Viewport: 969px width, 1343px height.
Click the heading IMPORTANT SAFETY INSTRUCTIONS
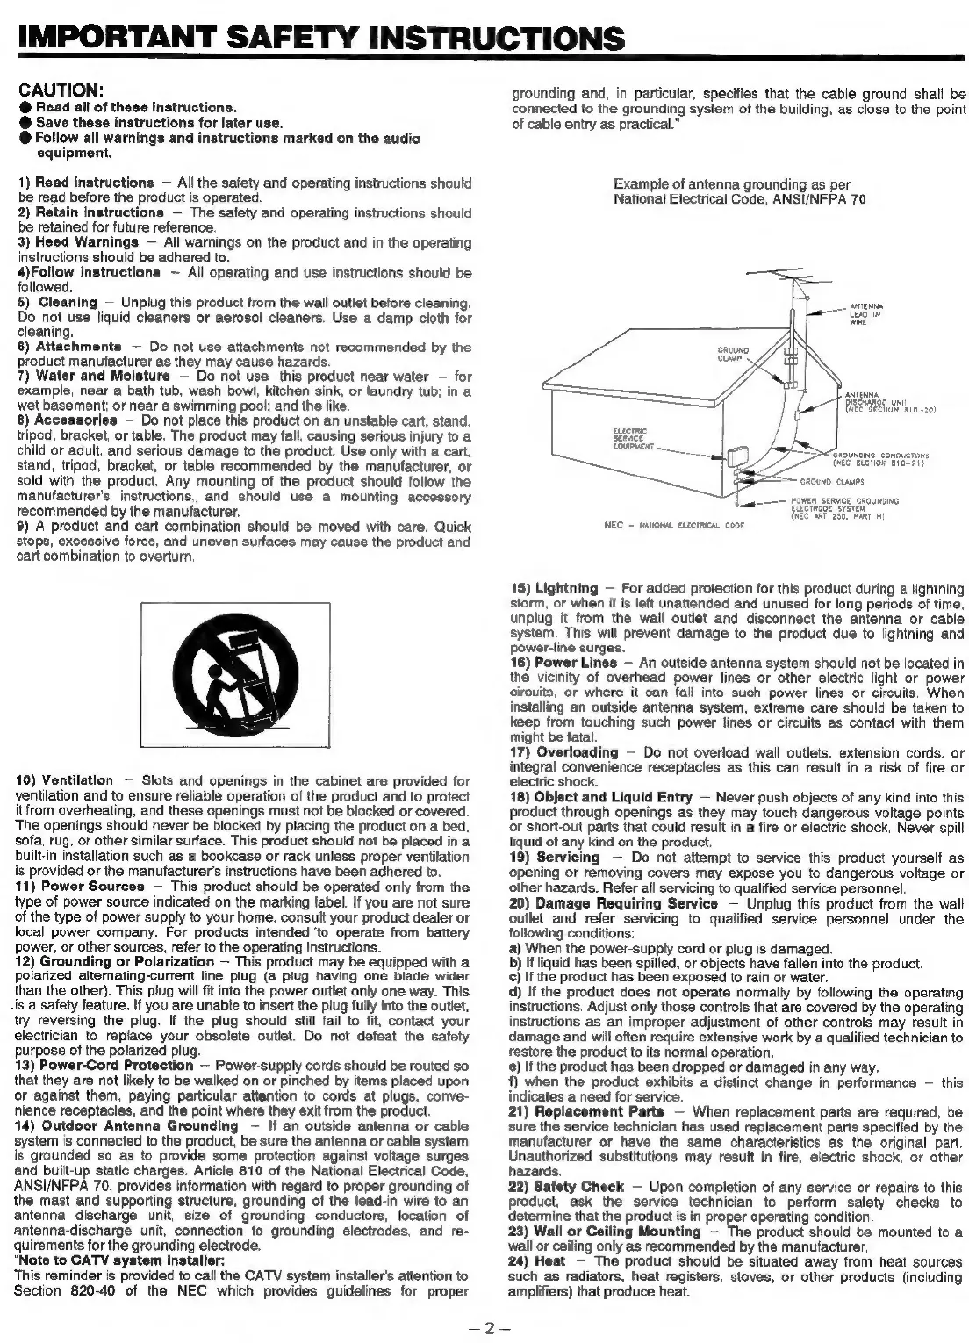[319, 39]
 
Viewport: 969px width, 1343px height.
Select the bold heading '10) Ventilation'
[65, 779]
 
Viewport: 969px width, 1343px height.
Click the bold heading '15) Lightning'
[555, 587]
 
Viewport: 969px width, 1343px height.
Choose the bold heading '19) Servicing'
[555, 858]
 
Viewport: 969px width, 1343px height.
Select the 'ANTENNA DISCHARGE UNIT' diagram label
[882, 401]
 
